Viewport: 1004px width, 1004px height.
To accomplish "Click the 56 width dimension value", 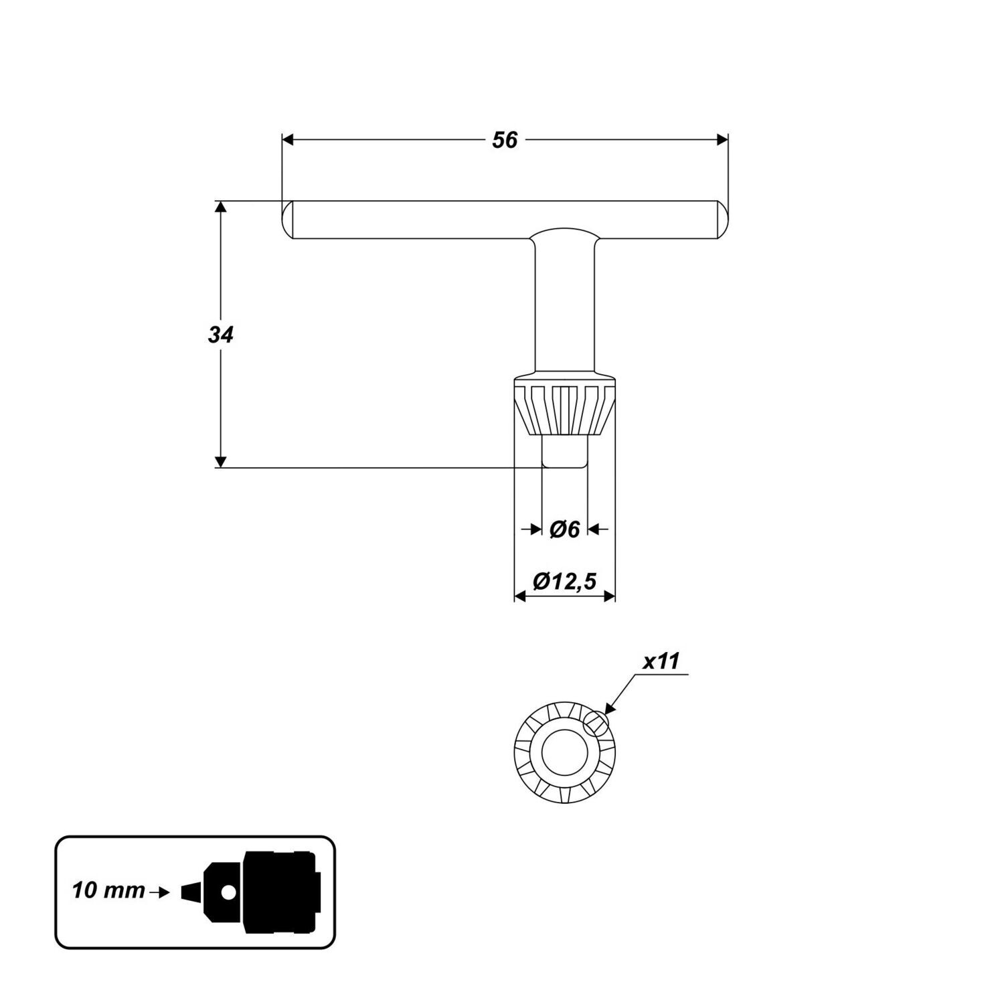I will point(505,141).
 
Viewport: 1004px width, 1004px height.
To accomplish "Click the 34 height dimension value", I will point(220,335).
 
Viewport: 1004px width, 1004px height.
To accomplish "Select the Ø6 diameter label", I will point(564,529).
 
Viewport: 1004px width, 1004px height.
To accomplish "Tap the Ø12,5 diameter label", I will point(564,582).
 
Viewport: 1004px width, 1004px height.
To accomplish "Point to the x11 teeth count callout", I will point(661,662).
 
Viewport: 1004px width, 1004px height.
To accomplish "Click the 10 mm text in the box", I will point(108,891).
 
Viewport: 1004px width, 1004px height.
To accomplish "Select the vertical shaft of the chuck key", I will point(564,308).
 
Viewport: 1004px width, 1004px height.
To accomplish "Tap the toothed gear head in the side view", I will point(564,410).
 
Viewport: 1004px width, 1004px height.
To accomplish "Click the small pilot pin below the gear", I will point(564,452).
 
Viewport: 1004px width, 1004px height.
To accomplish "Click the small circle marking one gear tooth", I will point(595,723).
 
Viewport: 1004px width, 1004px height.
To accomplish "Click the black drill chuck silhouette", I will point(278,892).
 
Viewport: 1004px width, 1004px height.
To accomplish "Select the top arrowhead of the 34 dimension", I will point(220,206).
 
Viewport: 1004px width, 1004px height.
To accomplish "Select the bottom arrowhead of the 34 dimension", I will point(220,462).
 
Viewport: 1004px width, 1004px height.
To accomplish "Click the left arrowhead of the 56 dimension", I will point(288,140).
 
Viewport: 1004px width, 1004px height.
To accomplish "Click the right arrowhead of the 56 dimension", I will point(722,140).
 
